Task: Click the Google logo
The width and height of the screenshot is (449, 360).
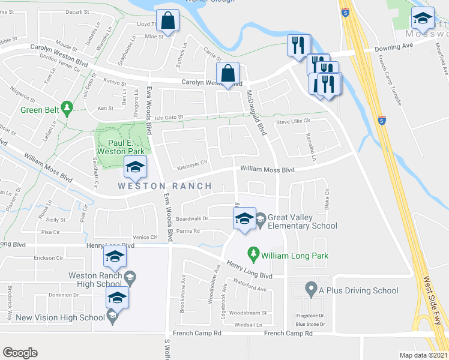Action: coord(20,353)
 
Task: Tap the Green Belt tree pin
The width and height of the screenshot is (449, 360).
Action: coord(68,107)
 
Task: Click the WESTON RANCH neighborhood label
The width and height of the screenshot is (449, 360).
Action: coord(164,186)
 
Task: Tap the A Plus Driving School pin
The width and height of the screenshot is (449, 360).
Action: coord(310,290)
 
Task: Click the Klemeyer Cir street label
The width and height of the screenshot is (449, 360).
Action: coord(192,162)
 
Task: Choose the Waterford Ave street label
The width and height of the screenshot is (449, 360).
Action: coord(250,288)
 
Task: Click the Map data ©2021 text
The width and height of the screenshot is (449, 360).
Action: coord(424,355)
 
